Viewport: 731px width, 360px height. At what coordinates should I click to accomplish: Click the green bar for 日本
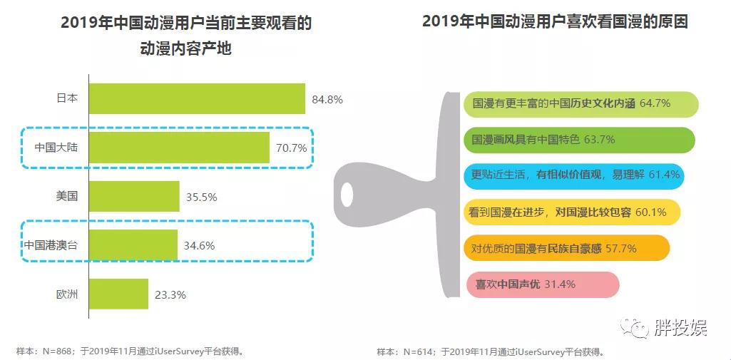197,99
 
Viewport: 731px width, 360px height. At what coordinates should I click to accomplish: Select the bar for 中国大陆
179,148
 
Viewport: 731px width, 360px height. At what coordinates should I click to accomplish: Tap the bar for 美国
134,196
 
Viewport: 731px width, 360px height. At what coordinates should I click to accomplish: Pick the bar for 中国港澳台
133,245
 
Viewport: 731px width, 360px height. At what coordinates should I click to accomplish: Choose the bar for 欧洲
118,294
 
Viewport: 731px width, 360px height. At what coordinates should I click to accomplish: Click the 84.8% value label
327,100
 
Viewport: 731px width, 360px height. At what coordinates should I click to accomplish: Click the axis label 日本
67,99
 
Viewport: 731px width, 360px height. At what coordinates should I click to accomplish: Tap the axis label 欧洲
67,294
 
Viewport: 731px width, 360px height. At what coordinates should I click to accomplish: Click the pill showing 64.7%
580,103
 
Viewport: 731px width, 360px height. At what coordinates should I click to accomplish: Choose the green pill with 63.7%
578,140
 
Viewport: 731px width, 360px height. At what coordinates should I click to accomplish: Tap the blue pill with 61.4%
574,175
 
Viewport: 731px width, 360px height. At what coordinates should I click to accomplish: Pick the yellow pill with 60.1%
571,212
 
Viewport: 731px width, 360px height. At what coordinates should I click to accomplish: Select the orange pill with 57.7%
566,248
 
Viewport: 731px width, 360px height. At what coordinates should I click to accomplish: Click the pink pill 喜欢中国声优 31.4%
542,284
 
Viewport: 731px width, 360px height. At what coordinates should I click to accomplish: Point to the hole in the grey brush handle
347,193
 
